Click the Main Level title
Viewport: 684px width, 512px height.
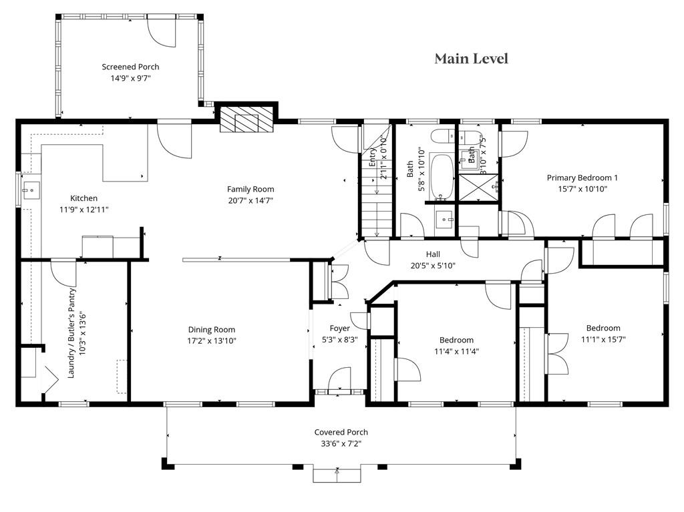click(x=471, y=59)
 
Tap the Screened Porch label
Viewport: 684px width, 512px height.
click(x=130, y=67)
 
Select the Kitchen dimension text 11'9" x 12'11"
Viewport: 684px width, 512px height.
click(x=83, y=210)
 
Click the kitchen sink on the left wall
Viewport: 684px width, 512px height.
click(x=31, y=191)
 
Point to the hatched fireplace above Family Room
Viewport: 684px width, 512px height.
click(x=246, y=119)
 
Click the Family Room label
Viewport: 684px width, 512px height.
click(x=250, y=190)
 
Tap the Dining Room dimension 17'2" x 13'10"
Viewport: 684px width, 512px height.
click(x=212, y=340)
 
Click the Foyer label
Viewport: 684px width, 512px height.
click(x=339, y=328)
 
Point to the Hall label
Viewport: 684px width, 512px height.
click(x=433, y=254)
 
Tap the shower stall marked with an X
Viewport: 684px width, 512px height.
click(x=478, y=188)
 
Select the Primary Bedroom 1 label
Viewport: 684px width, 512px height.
click(x=582, y=178)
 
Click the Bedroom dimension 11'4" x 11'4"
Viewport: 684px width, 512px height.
click(x=456, y=351)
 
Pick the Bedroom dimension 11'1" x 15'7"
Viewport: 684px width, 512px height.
click(x=603, y=339)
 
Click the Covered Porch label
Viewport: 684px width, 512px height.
click(x=341, y=432)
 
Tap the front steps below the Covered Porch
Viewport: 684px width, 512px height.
click(x=337, y=475)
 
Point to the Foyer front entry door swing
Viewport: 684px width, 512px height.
click(x=339, y=378)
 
